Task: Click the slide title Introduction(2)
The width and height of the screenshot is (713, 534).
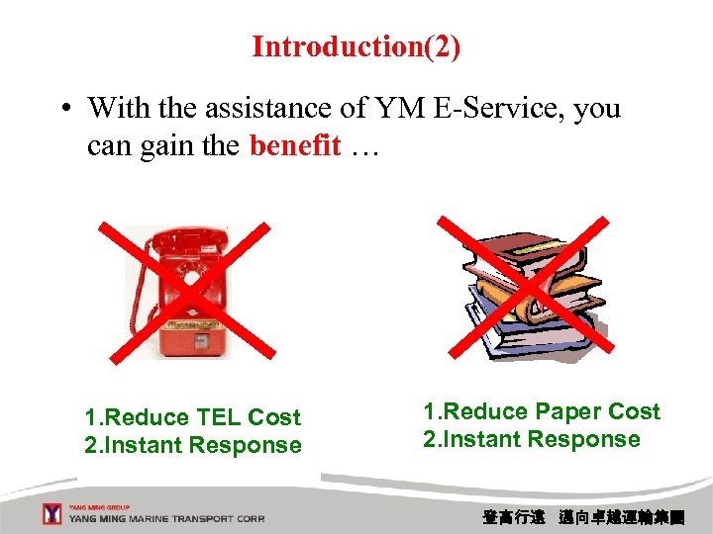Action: pos(356,46)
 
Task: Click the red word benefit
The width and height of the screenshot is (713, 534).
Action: pos(295,145)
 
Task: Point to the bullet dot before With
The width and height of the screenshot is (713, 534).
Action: pos(62,108)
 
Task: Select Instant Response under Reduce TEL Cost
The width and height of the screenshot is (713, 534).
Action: pos(193,445)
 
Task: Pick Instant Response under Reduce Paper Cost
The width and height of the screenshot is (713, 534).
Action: pos(532,439)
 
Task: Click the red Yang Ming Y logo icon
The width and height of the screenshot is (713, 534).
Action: pos(52,514)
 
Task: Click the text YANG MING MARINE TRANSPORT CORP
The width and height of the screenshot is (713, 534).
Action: pos(166,519)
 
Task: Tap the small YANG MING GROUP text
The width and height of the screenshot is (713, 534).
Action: pos(98,505)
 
